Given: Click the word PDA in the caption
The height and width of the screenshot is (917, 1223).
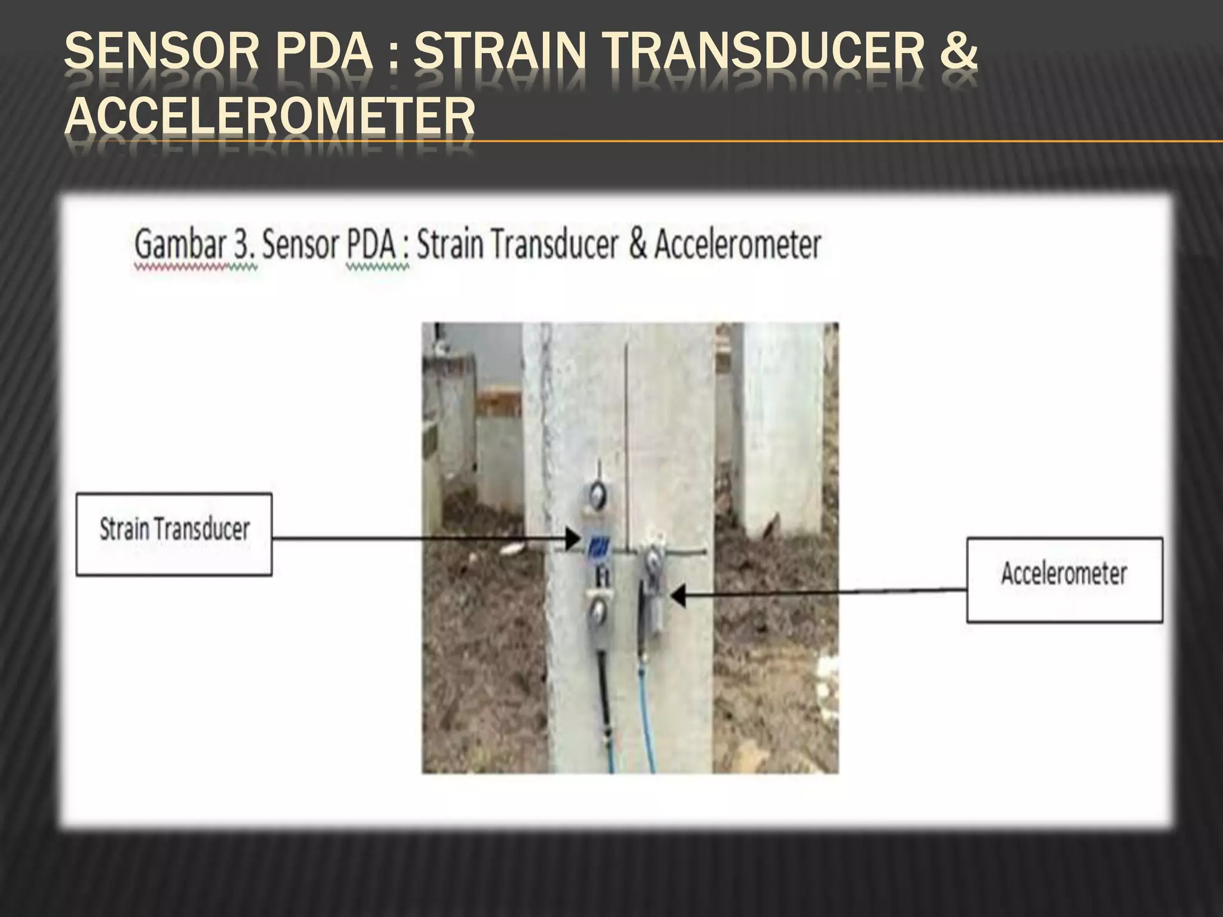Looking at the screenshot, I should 371,245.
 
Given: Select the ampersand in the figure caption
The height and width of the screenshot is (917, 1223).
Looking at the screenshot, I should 637,244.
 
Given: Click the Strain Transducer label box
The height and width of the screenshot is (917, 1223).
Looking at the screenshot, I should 174,534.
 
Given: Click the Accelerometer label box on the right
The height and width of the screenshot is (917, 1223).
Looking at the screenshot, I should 1064,580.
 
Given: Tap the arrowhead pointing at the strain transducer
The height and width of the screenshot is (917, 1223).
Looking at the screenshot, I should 572,540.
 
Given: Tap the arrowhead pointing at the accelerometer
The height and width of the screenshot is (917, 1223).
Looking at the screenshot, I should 677,596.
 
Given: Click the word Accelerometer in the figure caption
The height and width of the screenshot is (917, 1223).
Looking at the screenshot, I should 738,244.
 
